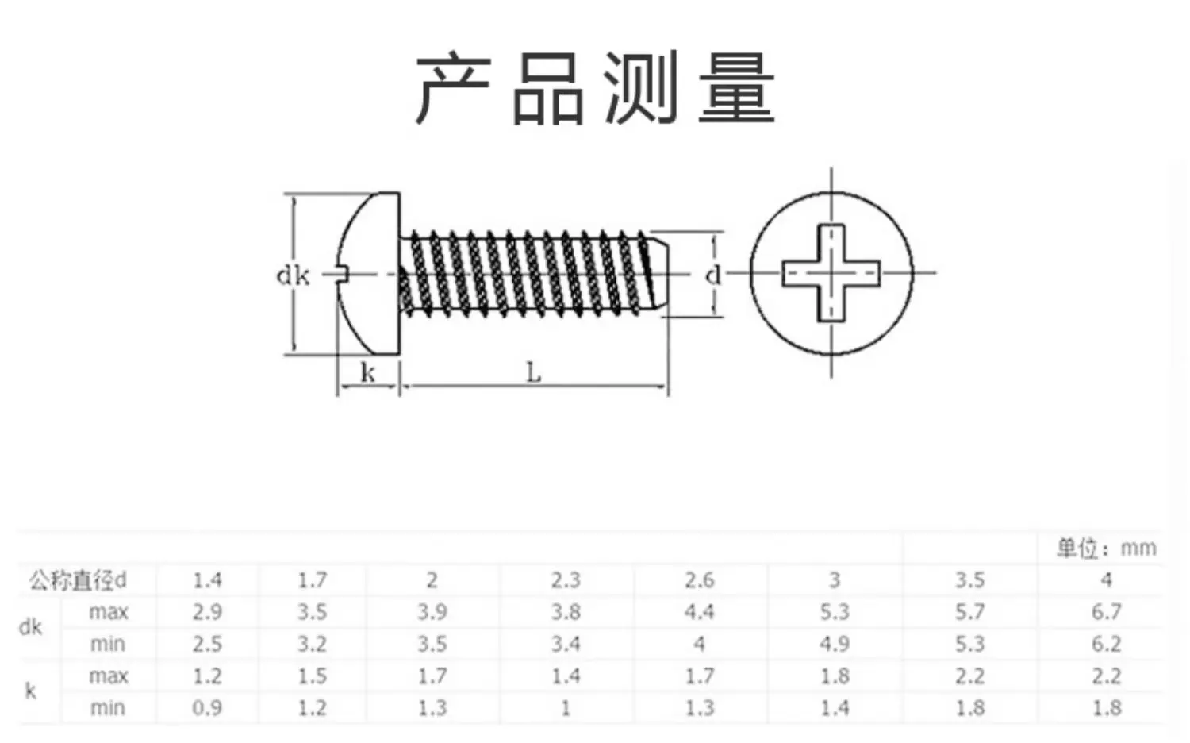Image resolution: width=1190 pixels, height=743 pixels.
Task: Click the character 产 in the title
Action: click(x=453, y=88)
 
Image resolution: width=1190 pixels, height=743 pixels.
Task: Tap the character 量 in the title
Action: click(x=737, y=88)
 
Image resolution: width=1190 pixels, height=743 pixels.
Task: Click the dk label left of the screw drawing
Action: click(x=293, y=275)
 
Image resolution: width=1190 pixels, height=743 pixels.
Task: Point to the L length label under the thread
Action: click(x=533, y=372)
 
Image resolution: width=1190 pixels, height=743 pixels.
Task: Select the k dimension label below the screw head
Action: click(x=367, y=372)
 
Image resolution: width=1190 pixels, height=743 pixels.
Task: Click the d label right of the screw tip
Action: click(x=713, y=275)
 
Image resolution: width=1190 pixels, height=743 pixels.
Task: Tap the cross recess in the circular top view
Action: click(x=831, y=273)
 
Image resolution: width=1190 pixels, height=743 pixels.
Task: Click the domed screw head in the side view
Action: click(x=369, y=273)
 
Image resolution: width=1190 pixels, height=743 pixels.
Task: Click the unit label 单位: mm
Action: click(x=1107, y=548)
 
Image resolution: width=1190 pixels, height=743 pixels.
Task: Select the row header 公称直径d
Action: click(x=78, y=580)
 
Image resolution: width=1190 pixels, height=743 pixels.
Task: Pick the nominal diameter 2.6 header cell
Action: click(x=699, y=580)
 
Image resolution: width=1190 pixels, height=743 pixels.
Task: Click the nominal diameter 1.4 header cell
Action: click(x=207, y=580)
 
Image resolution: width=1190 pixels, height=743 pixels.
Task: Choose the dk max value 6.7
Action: click(x=1107, y=612)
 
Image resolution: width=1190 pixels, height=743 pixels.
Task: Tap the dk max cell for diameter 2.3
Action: click(x=565, y=612)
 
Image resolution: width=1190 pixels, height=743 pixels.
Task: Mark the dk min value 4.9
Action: click(x=835, y=644)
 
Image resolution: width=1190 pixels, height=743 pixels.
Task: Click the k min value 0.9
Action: click(x=207, y=708)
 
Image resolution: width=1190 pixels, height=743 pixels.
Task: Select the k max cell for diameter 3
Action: click(x=835, y=676)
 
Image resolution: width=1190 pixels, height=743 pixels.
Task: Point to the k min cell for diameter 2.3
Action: click(x=565, y=708)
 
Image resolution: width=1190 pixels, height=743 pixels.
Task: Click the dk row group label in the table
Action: click(x=30, y=628)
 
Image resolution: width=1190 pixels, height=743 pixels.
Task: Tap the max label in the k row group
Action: click(x=109, y=676)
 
